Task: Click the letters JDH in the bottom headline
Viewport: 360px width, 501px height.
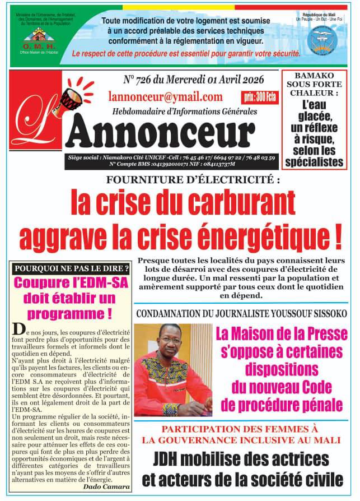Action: [x=172, y=461]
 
